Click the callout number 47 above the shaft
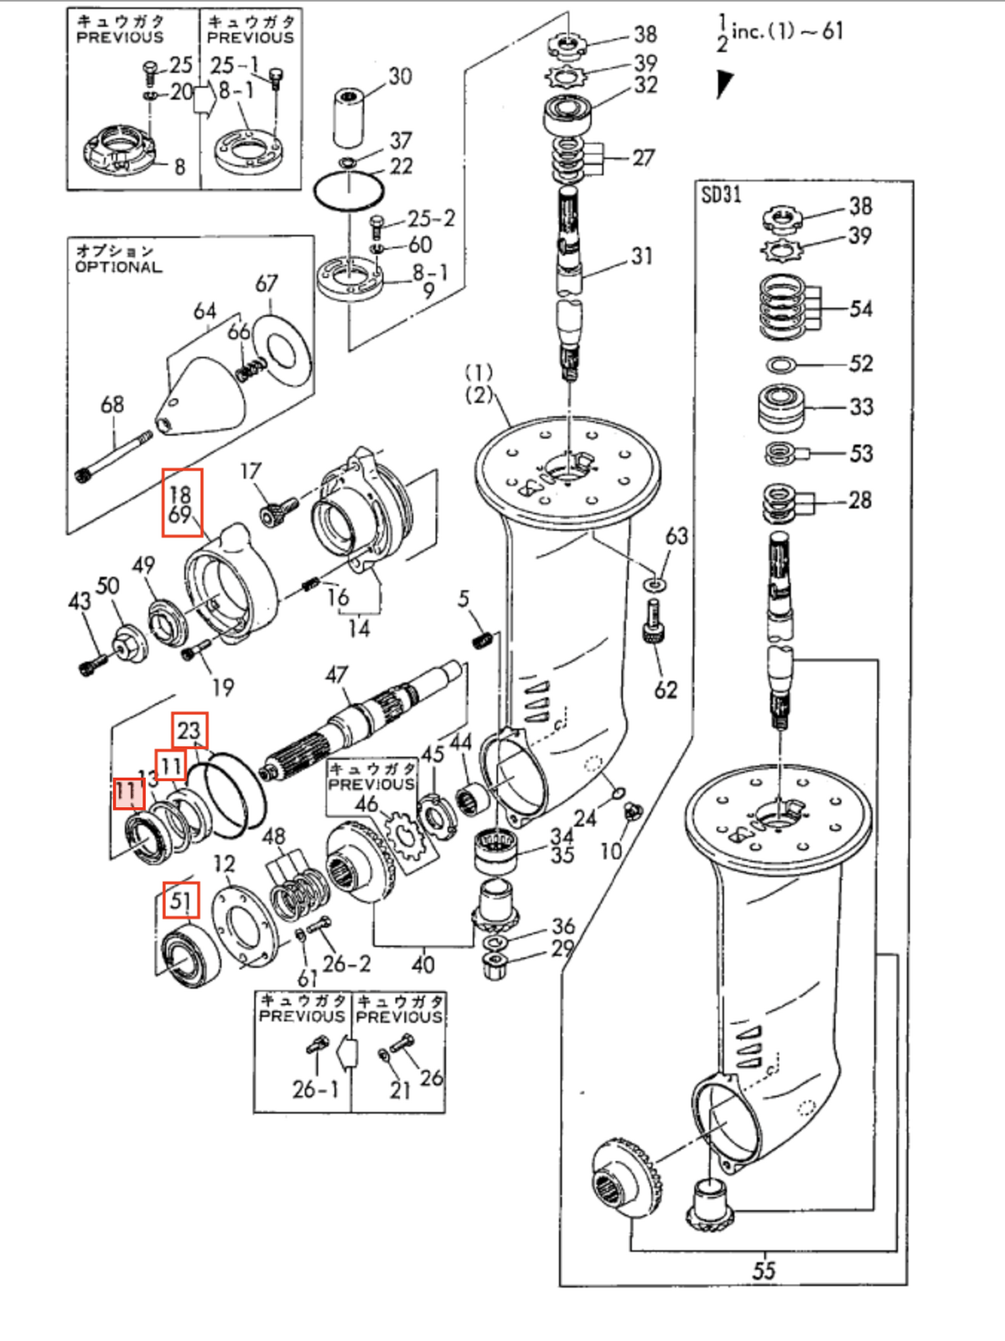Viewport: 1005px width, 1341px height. (336, 675)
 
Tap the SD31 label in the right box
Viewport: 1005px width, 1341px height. (721, 194)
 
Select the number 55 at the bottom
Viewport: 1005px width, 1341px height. (763, 1271)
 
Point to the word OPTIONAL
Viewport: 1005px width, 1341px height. (118, 267)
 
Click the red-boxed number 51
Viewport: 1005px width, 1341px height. (180, 902)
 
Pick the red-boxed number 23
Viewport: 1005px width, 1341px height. (189, 730)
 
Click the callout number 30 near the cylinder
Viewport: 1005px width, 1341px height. (400, 76)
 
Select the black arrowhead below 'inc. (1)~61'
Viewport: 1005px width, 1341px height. (723, 83)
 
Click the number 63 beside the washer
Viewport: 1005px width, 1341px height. (676, 536)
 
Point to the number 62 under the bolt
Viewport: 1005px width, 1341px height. (666, 690)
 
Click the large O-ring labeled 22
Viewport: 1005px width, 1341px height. (349, 192)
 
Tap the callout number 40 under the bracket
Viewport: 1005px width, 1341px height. (422, 965)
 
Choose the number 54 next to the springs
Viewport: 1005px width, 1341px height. (860, 309)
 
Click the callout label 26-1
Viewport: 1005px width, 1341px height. (315, 1090)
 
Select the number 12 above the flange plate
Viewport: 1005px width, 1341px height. (224, 864)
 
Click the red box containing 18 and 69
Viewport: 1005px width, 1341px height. (182, 503)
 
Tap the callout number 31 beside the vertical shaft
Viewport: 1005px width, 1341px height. (641, 256)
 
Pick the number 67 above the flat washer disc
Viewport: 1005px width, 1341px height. (267, 284)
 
